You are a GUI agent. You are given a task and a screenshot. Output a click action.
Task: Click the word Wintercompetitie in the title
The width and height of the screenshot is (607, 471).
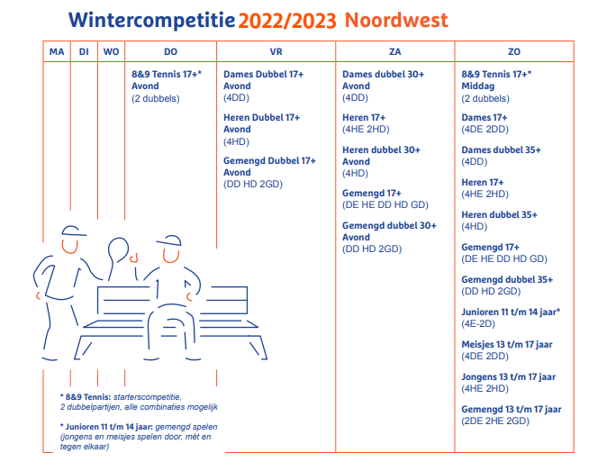pyautogui.click(x=151, y=20)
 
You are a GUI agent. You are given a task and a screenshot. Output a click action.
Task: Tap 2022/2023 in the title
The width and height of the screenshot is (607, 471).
pyautogui.click(x=287, y=21)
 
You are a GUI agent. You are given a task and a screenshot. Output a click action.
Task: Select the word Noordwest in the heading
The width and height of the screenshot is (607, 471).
pyautogui.click(x=396, y=20)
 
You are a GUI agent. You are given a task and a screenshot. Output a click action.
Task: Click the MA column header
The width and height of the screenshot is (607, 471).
pyautogui.click(x=57, y=51)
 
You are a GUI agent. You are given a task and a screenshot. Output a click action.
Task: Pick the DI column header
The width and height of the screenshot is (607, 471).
pyautogui.click(x=84, y=51)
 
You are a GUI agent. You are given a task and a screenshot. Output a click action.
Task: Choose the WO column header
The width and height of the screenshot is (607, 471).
pyautogui.click(x=111, y=51)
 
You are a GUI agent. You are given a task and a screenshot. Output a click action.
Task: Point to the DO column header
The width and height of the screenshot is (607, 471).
pyautogui.click(x=171, y=51)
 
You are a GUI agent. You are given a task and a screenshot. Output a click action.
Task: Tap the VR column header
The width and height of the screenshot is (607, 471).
pyautogui.click(x=276, y=51)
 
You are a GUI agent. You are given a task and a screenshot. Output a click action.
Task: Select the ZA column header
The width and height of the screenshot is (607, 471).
pyautogui.click(x=394, y=51)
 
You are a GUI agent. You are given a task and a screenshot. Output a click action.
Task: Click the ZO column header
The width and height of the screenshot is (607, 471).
pyautogui.click(x=514, y=51)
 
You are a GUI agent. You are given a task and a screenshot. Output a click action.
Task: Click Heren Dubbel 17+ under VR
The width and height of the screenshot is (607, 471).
pyautogui.click(x=262, y=117)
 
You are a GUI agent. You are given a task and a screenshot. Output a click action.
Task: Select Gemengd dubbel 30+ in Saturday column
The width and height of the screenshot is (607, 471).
pyautogui.click(x=389, y=225)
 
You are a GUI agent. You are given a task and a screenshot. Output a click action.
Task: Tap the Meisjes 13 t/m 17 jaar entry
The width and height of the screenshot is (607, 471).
pyautogui.click(x=507, y=344)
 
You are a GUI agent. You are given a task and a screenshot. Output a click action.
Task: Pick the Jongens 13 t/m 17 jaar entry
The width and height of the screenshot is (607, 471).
pyautogui.click(x=508, y=376)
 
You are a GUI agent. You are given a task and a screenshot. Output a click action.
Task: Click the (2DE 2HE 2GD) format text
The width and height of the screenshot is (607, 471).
pyautogui.click(x=495, y=421)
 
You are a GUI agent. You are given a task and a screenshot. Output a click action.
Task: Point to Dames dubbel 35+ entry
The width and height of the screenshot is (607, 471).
pyautogui.click(x=501, y=149)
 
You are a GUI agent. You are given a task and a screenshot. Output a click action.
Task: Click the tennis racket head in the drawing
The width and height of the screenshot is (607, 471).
pyautogui.click(x=118, y=249)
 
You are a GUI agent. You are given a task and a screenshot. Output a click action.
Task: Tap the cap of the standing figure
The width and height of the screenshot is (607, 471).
pyautogui.click(x=73, y=231)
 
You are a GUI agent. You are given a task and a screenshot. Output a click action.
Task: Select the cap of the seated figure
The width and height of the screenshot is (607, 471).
pyautogui.click(x=169, y=240)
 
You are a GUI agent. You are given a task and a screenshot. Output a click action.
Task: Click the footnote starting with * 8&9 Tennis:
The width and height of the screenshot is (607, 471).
pyautogui.click(x=139, y=402)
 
